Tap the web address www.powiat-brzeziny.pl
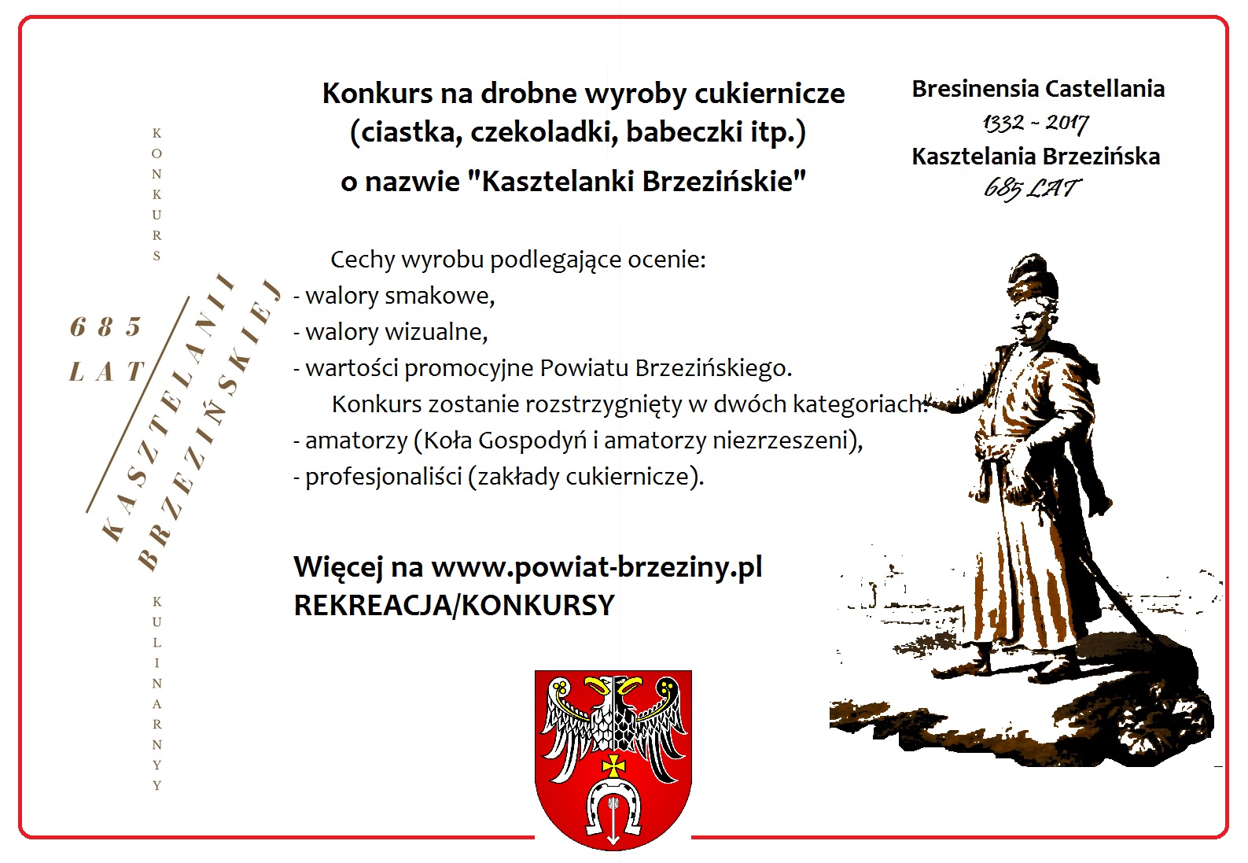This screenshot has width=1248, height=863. click(x=597, y=567)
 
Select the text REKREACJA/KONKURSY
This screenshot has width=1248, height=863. click(x=454, y=605)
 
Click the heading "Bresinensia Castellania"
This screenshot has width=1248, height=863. click(x=1038, y=89)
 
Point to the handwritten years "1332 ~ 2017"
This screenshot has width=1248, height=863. click(x=1036, y=123)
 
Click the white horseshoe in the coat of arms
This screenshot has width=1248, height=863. click(x=613, y=804)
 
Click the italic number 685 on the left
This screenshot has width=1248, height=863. click(x=106, y=326)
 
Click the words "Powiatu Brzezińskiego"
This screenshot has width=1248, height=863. click(x=665, y=368)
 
